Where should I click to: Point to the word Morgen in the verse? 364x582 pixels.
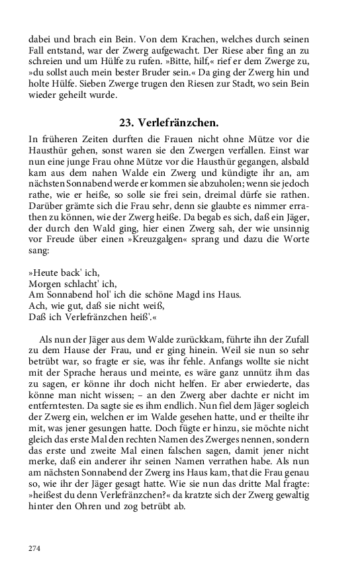45,283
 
